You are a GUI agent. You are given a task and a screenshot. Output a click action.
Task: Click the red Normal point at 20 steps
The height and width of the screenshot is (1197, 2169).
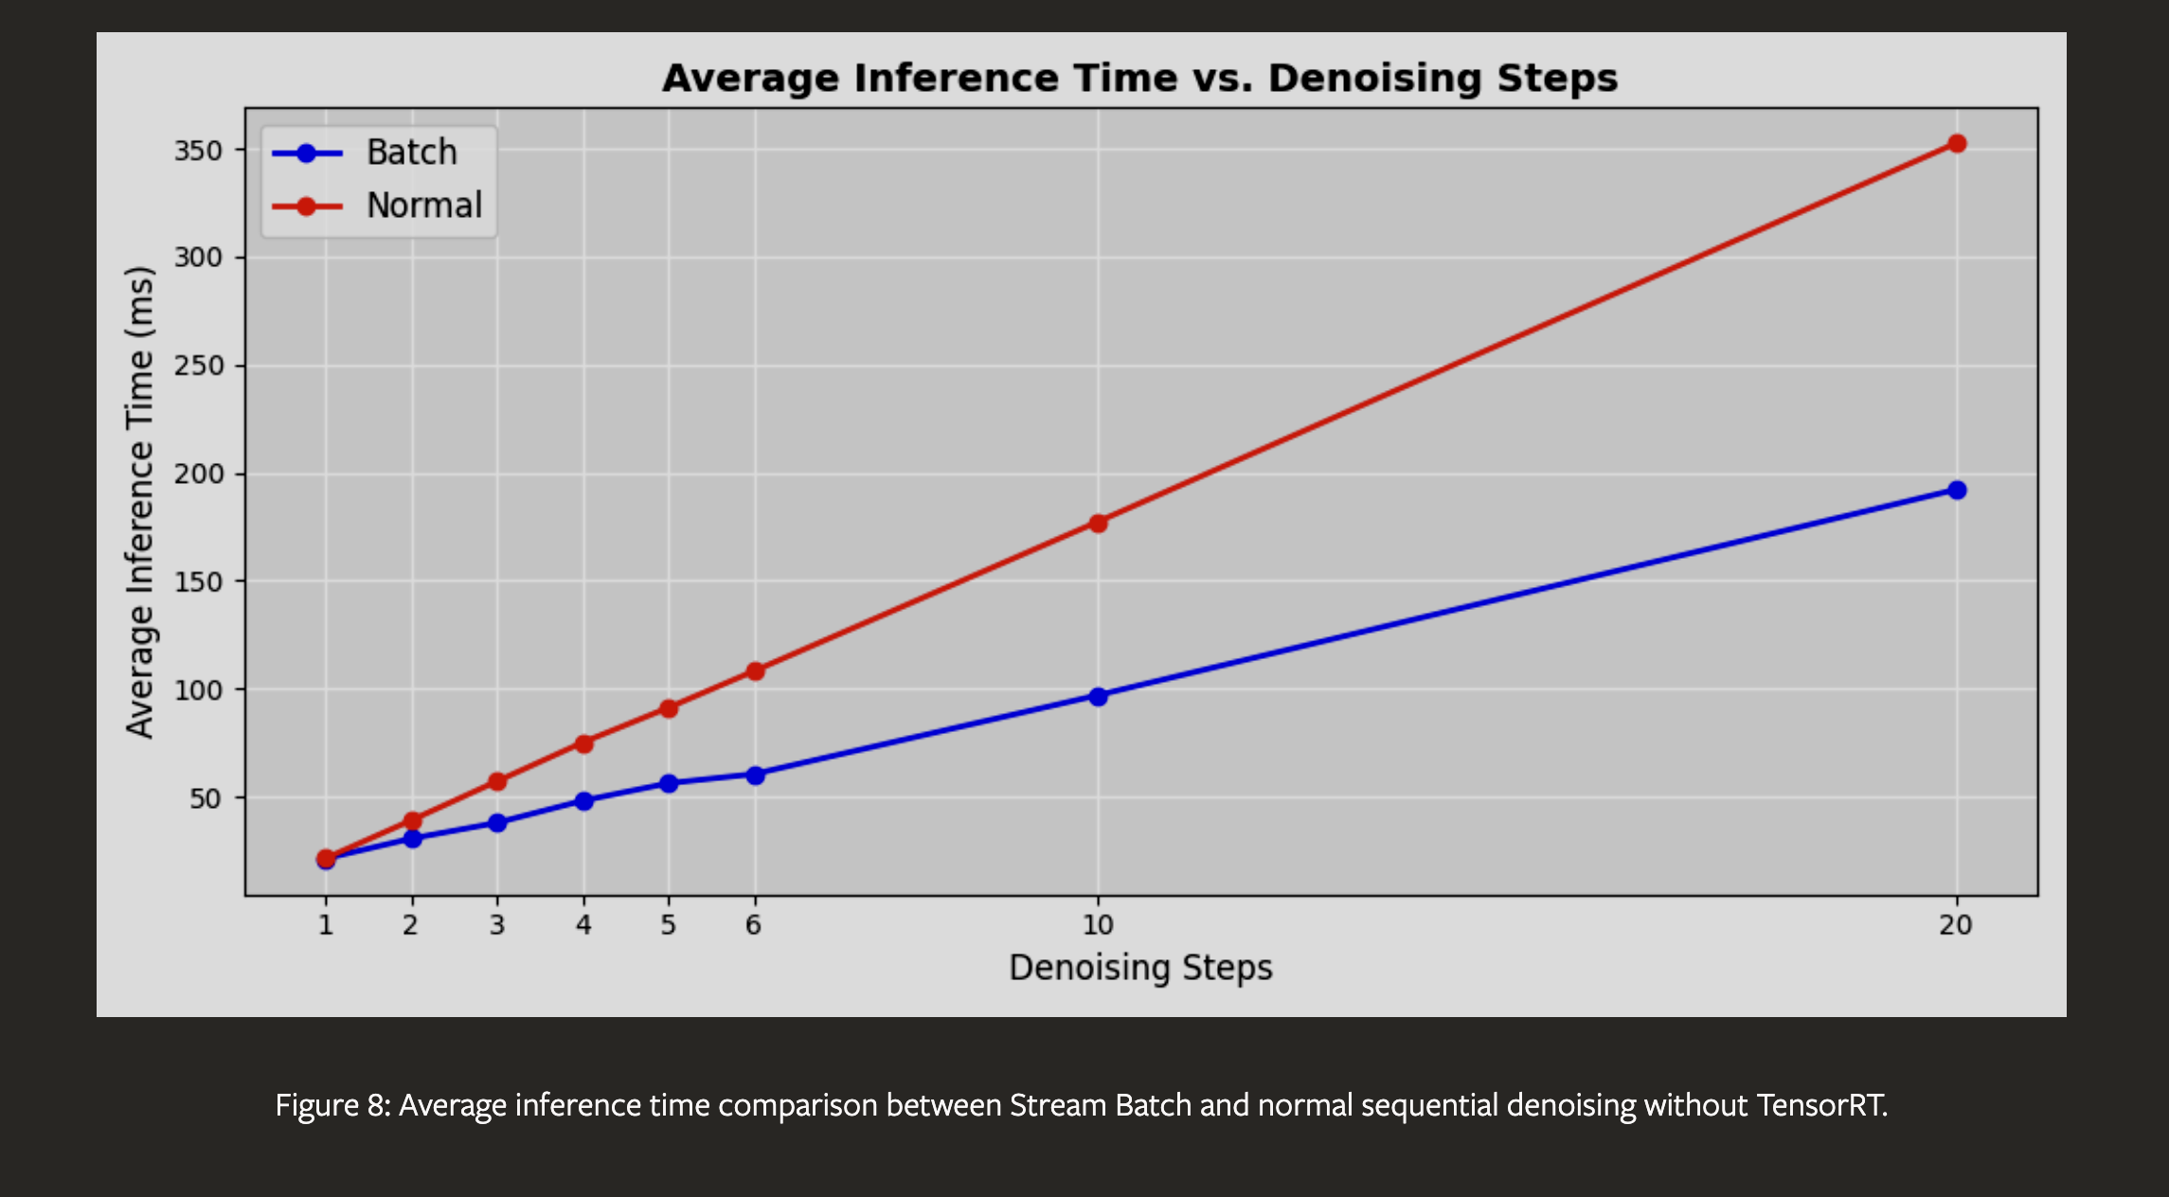tap(1957, 144)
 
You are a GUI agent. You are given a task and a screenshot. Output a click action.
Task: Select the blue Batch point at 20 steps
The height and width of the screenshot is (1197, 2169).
tap(1957, 491)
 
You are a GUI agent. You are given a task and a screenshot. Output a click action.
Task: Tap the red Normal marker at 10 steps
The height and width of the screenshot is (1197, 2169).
tap(1098, 524)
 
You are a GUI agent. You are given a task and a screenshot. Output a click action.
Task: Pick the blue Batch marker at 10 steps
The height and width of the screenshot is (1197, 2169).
tap(1098, 697)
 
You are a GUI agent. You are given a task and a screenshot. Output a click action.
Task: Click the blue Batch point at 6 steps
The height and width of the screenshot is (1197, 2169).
tap(755, 776)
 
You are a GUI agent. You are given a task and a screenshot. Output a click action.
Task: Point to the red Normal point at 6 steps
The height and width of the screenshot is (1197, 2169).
tap(755, 671)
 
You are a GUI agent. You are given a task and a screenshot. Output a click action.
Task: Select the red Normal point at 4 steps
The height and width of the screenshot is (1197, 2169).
tap(583, 744)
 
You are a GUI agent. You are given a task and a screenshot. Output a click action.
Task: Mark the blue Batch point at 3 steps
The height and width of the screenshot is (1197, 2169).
tap(497, 823)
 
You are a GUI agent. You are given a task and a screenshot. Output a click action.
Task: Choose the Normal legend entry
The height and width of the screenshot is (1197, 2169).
tap(377, 205)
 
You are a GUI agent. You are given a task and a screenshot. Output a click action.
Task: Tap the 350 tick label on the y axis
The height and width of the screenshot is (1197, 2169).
tap(198, 151)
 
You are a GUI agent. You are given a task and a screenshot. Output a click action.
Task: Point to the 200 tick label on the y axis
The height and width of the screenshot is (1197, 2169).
tap(198, 473)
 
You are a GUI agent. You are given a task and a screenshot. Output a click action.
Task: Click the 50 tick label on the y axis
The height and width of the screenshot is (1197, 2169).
tap(206, 798)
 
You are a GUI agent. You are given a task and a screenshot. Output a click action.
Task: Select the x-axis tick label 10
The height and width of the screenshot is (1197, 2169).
tap(1098, 924)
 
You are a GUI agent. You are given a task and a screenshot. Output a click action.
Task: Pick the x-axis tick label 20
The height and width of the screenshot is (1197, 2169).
tap(1956, 924)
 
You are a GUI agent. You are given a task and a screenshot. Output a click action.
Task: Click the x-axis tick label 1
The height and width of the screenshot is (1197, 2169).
tap(326, 924)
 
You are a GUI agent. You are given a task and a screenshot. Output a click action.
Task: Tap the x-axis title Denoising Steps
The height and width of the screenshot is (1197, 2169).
tap(1140, 968)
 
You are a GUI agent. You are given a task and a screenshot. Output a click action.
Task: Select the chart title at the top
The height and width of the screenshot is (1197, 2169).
tap(1140, 78)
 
